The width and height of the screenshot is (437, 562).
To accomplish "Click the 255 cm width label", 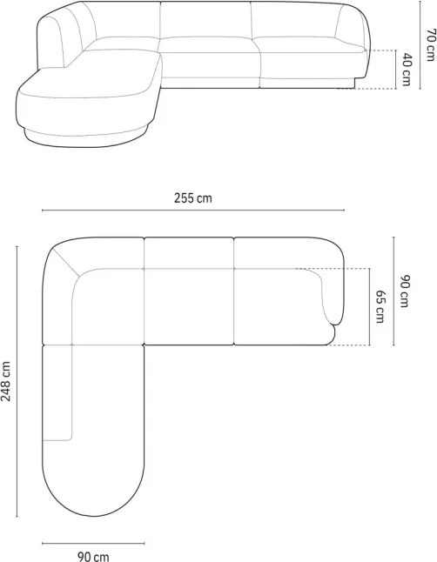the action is click(x=193, y=197).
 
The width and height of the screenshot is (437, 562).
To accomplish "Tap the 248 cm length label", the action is click(x=6, y=381).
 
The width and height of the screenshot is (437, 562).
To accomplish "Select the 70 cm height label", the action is click(x=431, y=44).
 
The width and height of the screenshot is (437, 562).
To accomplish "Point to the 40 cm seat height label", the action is click(x=407, y=70).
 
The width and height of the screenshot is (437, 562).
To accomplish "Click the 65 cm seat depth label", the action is click(x=380, y=306).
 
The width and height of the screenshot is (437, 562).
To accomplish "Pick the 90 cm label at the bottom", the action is click(x=93, y=556).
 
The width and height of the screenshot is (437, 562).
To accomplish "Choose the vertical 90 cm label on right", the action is click(x=404, y=291).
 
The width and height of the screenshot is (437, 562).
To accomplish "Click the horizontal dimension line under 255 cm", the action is click(x=193, y=210).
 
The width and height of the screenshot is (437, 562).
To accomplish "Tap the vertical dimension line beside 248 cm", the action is click(x=17, y=381).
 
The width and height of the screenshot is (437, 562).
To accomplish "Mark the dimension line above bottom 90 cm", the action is click(x=93, y=544).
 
